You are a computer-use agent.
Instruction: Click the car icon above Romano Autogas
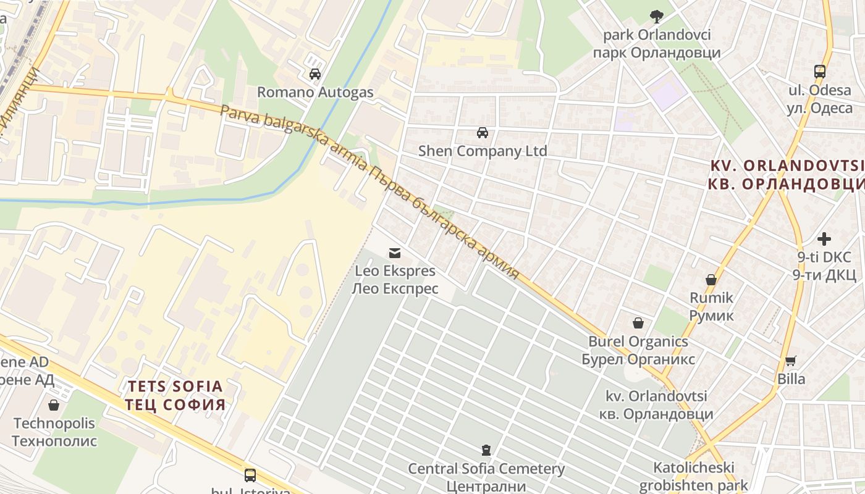(x=315, y=74)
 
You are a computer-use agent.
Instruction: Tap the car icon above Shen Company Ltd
(x=482, y=133)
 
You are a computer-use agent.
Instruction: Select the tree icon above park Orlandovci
(x=656, y=17)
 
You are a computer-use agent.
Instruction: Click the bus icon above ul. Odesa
(x=819, y=72)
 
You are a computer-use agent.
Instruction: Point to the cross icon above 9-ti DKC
(x=824, y=239)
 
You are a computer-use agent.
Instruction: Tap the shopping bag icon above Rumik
(x=711, y=280)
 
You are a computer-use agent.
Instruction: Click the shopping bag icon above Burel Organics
(x=638, y=323)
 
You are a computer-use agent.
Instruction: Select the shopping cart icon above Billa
(x=790, y=361)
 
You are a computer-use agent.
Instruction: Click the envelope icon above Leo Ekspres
(x=394, y=253)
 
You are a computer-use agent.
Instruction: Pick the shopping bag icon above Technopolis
(x=54, y=405)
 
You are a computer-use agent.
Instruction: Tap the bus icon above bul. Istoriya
(x=250, y=475)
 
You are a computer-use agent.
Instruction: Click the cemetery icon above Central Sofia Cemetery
(x=486, y=450)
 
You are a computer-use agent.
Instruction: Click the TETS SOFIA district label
(x=175, y=396)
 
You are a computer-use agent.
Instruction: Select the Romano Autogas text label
(x=315, y=93)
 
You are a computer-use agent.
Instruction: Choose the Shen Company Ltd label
(x=483, y=151)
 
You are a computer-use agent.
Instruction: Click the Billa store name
(x=791, y=379)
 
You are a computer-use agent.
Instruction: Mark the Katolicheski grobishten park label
(x=693, y=476)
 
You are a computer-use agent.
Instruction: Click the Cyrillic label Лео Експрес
(x=395, y=288)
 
